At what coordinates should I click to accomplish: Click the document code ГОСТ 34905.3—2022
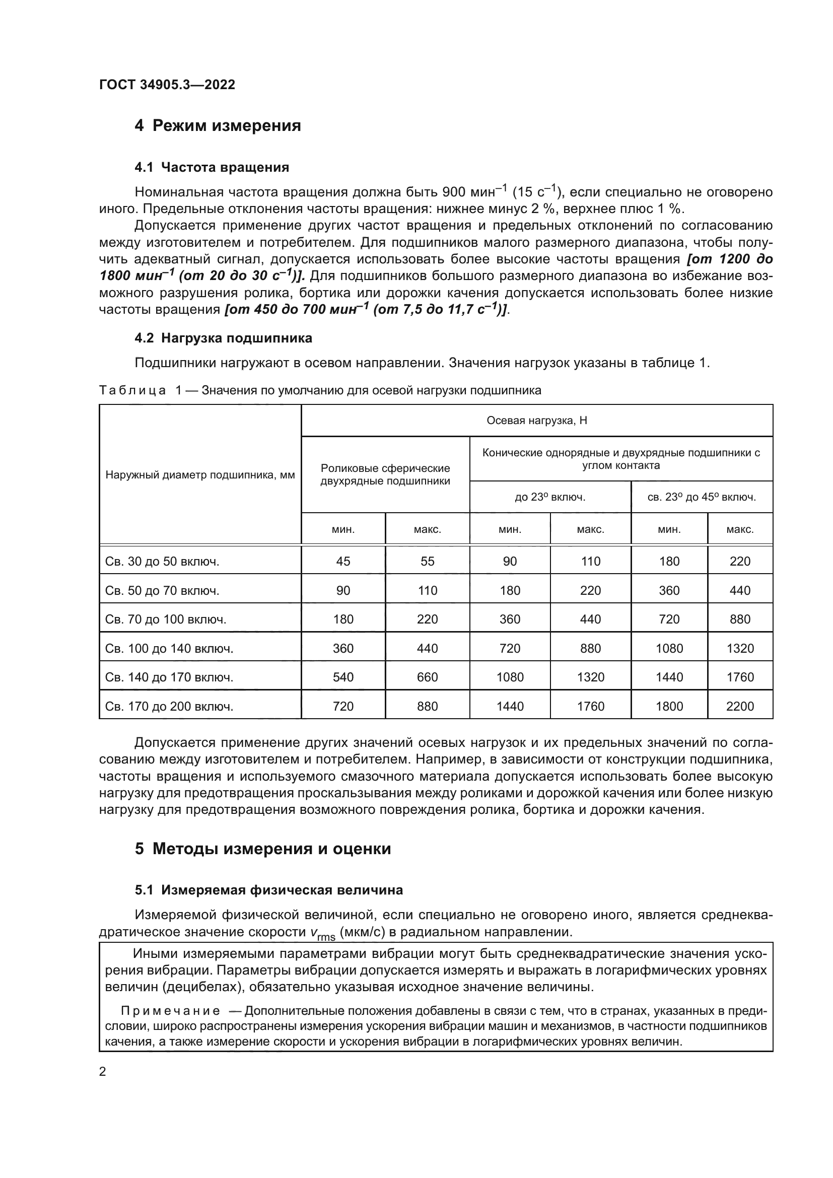pos(167,85)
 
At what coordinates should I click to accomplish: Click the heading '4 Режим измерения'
pos(218,125)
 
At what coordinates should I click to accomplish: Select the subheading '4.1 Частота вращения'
pos(212,167)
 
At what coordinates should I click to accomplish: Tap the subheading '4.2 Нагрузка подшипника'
pos(223,338)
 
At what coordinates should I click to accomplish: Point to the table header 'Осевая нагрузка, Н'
pos(536,421)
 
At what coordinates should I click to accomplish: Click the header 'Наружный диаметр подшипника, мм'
pos(200,474)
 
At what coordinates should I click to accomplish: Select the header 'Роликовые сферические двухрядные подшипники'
pos(385,474)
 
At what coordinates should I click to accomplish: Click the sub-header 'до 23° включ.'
pos(550,497)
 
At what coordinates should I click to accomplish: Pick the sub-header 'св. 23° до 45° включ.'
pos(701,497)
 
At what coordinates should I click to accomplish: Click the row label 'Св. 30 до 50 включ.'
pos(162,561)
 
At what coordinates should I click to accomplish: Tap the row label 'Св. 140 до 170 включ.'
pos(169,677)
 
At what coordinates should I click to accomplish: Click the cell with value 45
pos(343,561)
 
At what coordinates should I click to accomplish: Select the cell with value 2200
pos(740,707)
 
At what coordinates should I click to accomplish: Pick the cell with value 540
pos(343,677)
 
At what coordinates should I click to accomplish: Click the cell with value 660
pos(427,677)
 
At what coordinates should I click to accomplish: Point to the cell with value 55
pos(427,561)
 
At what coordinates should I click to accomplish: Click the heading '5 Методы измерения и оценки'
pos(262,849)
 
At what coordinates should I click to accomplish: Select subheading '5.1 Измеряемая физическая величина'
pos(269,890)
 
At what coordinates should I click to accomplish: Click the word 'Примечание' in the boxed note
pos(170,1011)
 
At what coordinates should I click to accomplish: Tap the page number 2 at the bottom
pos(103,1071)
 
